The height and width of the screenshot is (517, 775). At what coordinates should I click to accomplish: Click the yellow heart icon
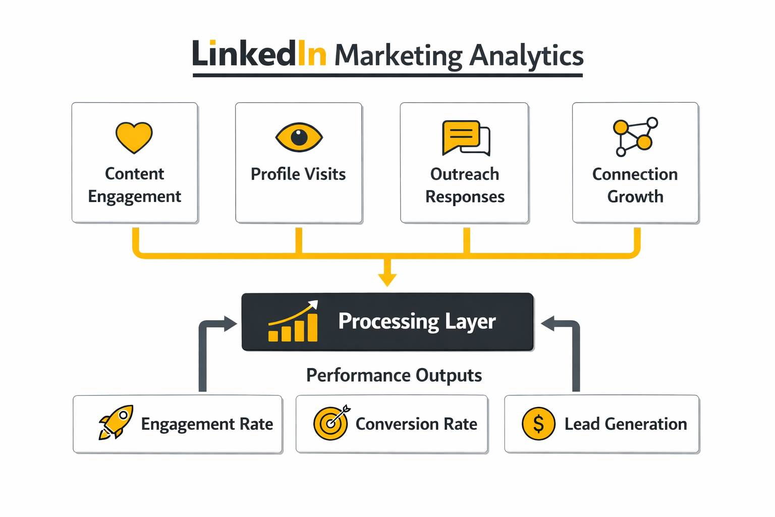pos(134,137)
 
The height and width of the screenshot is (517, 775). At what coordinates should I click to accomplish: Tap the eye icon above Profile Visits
pos(299,137)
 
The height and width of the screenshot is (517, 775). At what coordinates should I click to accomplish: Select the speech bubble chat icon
pos(465,137)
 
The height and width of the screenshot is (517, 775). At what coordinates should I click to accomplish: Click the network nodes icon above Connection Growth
pos(635,136)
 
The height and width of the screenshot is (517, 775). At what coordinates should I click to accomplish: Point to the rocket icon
pos(116,422)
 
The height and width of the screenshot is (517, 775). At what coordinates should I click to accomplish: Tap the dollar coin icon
pos(538,424)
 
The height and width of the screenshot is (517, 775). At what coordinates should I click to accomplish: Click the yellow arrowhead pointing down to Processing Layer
pos(387,279)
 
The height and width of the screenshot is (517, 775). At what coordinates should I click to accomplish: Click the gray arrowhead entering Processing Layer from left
pos(230,324)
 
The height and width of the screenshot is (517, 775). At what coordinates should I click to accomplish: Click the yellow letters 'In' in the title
pos(311,54)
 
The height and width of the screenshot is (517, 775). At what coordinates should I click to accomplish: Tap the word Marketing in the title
pos(398,56)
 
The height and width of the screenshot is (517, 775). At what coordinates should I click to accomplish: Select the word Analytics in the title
pos(526,56)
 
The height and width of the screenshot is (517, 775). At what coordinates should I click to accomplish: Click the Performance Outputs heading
pos(394,375)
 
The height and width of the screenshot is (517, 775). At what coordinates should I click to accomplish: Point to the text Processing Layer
pos(417,322)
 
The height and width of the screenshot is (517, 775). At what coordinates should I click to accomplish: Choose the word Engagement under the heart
pos(134,196)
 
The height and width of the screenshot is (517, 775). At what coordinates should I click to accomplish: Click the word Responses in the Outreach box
pos(465,196)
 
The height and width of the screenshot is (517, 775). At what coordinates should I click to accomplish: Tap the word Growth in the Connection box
pos(635,196)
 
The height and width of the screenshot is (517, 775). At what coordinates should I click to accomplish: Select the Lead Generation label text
pos(626,424)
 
